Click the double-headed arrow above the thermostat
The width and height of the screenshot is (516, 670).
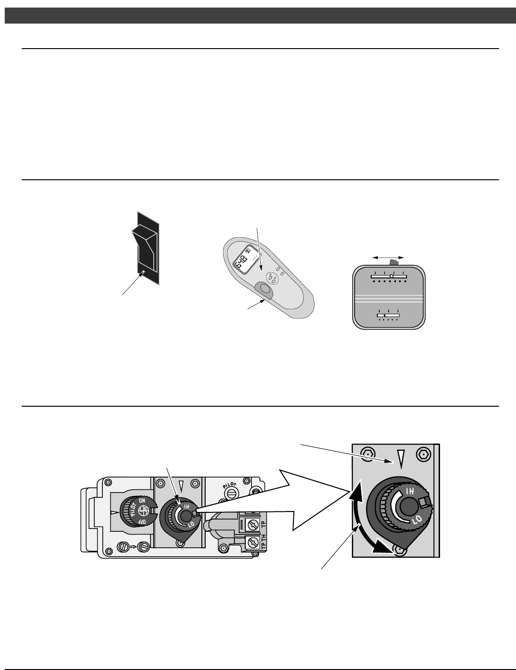(x=388, y=257)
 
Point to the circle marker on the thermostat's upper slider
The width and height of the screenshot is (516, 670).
(x=391, y=276)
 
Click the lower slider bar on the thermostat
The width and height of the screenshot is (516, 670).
(x=388, y=314)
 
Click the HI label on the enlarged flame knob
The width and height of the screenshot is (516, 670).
(x=410, y=491)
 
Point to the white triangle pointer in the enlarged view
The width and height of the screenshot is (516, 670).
(x=401, y=458)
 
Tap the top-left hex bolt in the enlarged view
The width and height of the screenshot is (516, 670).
(x=366, y=455)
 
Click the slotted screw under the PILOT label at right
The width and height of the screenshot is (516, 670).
(x=231, y=493)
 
